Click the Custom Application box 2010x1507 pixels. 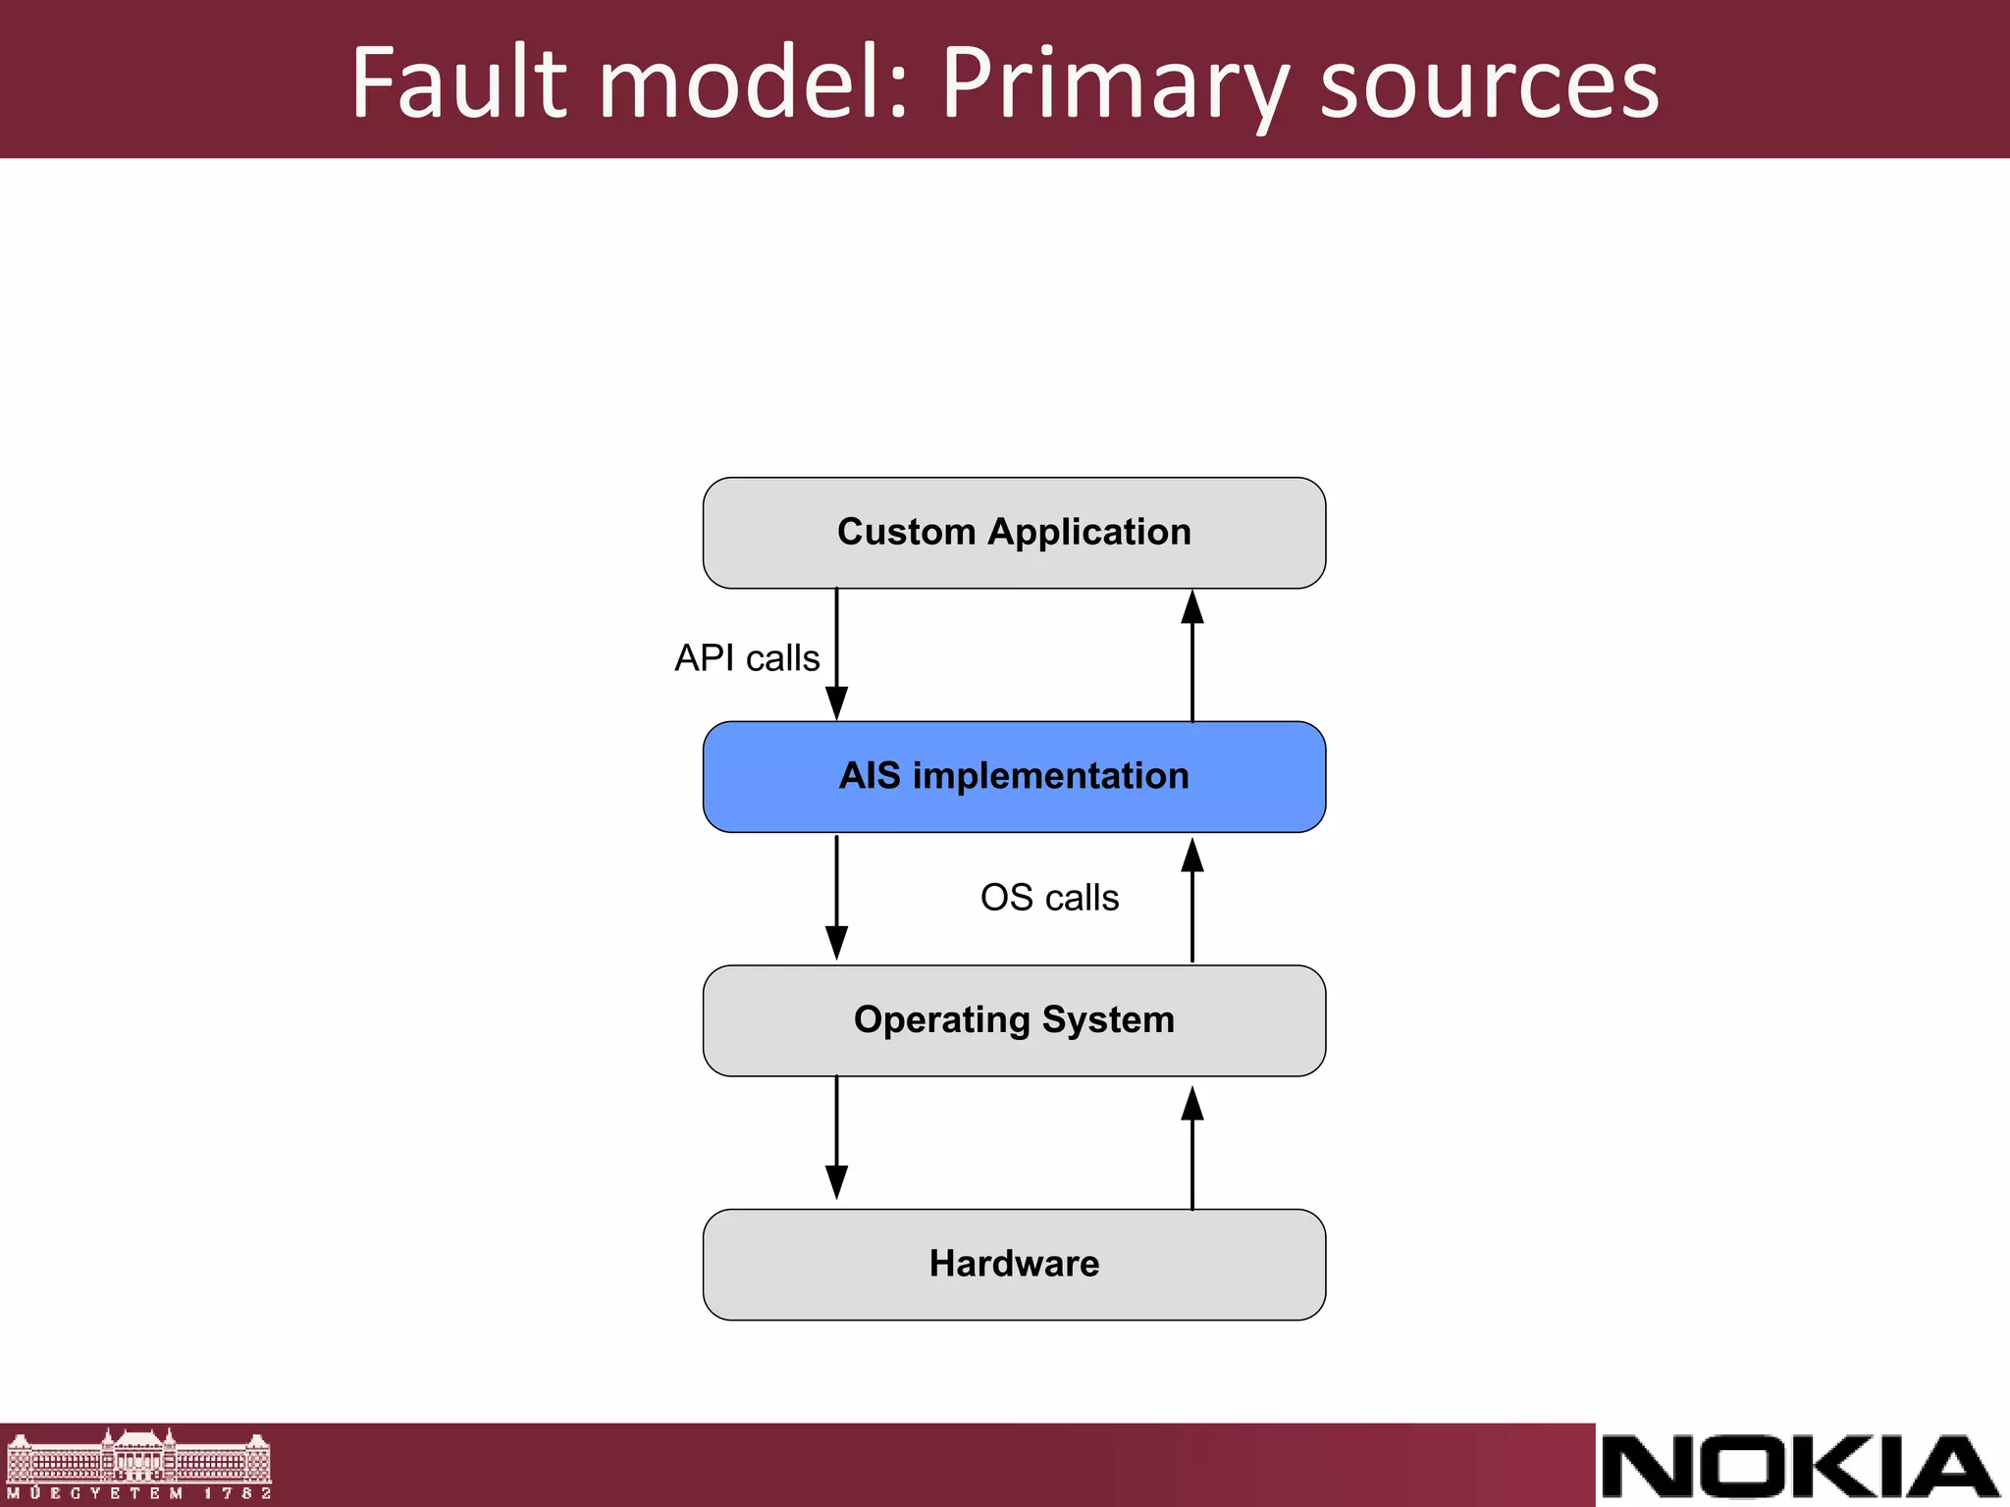tap(1014, 533)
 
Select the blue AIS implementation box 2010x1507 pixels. tap(1014, 777)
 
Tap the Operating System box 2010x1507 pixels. tap(1014, 1020)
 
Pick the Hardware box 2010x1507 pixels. tap(1014, 1265)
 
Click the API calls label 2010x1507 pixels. tap(747, 657)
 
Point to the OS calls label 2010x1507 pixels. tap(1049, 898)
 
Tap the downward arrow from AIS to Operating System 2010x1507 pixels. tap(836, 898)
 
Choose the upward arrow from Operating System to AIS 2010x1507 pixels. tap(1192, 899)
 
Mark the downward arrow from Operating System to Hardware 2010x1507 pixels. tap(836, 1138)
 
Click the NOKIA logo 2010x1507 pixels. tap(1800, 1467)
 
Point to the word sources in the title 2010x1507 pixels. tap(1489, 86)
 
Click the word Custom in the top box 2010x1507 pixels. tap(906, 532)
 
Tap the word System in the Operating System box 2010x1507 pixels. tap(1108, 1020)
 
